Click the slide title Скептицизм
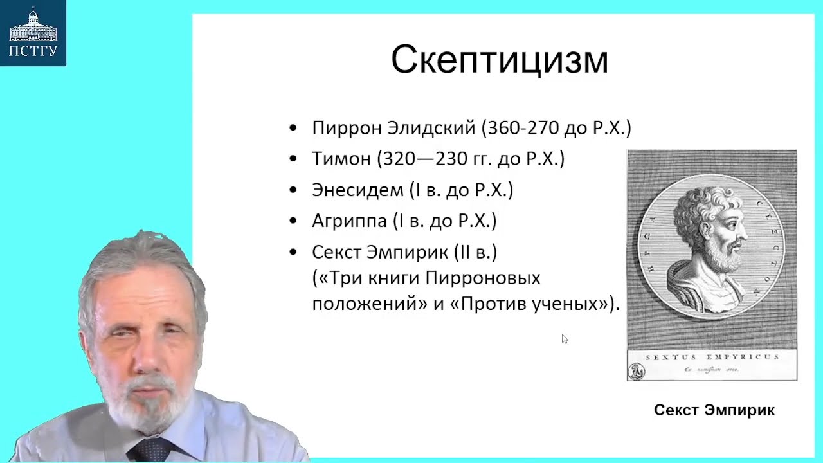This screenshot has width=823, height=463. click(x=499, y=60)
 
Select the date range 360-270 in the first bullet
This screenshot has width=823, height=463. click(x=523, y=128)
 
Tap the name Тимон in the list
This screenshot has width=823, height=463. click(x=341, y=159)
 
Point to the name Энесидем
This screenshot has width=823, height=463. click(x=357, y=190)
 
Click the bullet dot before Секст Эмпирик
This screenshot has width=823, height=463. click(x=294, y=252)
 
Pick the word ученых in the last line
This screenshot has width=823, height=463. click(x=570, y=304)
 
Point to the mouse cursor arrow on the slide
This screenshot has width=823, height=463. click(x=565, y=339)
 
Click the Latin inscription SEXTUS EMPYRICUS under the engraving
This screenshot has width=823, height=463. click(x=712, y=356)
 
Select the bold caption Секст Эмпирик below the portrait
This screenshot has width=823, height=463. click(x=714, y=410)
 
